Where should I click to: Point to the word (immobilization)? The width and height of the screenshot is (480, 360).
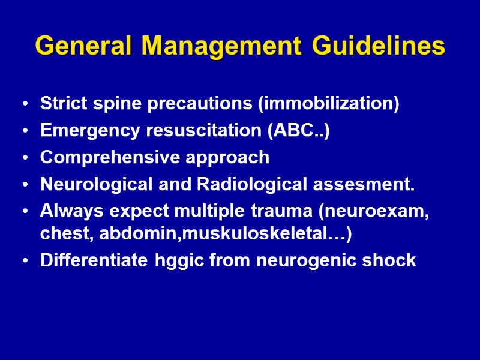[328, 104]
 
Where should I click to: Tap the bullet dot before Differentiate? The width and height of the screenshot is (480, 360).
[24, 261]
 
